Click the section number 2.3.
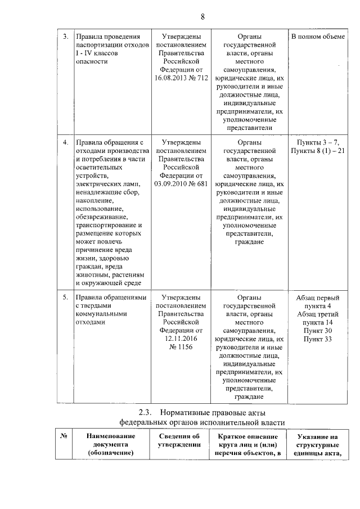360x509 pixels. (x=146, y=413)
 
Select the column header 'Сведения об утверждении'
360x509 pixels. (x=179, y=441)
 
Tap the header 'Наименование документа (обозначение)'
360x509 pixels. (x=111, y=445)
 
